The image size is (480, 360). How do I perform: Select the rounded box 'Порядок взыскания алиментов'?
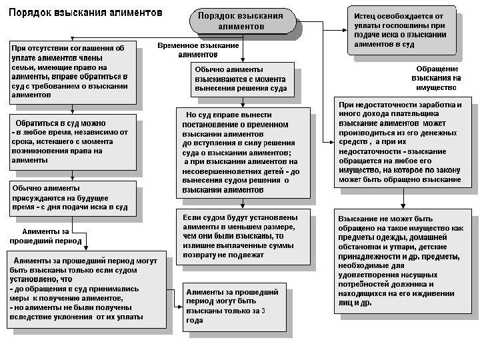click(x=241, y=21)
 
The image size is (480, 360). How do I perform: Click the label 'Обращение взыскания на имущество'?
click(x=437, y=78)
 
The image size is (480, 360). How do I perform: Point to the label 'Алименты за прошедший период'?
click(x=46, y=236)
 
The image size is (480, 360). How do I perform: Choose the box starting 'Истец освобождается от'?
click(x=401, y=30)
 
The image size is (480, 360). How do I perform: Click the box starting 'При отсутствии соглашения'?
click(x=71, y=72)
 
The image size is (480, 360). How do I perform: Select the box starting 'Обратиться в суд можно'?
click(x=71, y=141)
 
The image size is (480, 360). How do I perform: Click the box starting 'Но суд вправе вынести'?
click(x=243, y=152)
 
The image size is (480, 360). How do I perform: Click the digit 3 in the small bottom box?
click(x=263, y=311)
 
